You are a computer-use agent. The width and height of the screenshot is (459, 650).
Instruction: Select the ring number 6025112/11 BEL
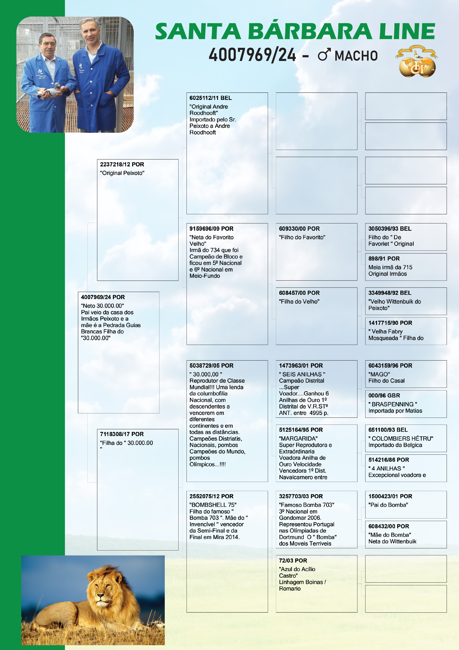(210, 98)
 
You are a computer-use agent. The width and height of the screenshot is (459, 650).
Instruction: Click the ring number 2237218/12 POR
(122, 165)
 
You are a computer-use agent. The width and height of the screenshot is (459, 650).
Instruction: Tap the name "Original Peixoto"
(122, 173)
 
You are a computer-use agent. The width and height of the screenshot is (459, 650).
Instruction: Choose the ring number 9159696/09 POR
(211, 229)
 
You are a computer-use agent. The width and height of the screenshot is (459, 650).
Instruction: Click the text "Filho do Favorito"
(302, 237)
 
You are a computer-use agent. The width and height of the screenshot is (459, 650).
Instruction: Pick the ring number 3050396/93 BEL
(390, 229)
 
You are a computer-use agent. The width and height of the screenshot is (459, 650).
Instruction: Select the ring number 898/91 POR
(384, 258)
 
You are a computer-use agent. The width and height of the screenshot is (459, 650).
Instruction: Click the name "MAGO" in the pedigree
(379, 374)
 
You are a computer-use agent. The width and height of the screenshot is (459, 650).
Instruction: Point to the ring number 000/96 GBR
(384, 395)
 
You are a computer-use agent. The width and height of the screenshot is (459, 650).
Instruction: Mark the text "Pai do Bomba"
(388, 505)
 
